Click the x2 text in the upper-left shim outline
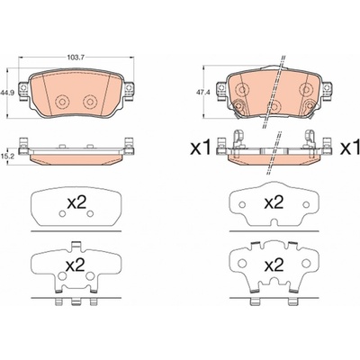point(76,203)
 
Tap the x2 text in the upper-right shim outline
point(274,202)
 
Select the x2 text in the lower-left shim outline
point(76,265)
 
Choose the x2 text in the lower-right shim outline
point(274,265)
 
